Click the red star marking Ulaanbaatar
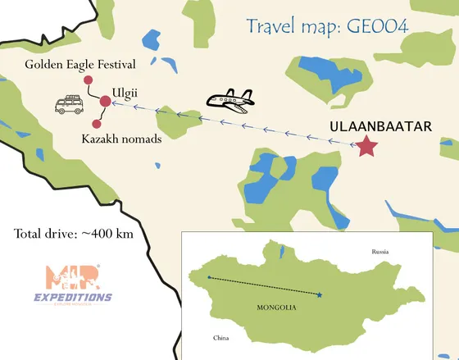point(366,146)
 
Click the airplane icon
point(229,101)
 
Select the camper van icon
point(68,106)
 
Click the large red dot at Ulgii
point(105,102)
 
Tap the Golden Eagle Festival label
point(80,63)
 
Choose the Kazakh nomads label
point(121,139)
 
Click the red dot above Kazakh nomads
point(97,124)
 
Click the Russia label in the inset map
point(379,251)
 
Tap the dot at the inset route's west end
point(209,277)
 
